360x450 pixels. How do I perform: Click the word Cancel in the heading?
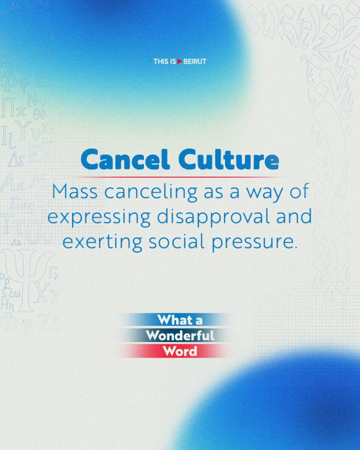pyautogui.click(x=125, y=159)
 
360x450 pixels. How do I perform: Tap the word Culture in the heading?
pyautogui.click(x=229, y=159)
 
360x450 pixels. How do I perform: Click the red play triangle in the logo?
pyautogui.click(x=179, y=61)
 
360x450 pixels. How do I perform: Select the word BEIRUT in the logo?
pyautogui.click(x=195, y=61)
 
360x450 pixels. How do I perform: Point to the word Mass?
pyautogui.click(x=75, y=191)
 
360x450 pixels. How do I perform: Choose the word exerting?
pyautogui.click(x=102, y=242)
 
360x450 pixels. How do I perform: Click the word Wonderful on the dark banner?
pyautogui.click(x=180, y=335)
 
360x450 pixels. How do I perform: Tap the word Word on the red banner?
pyautogui.click(x=180, y=351)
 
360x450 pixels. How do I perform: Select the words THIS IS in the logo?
pyautogui.click(x=165, y=61)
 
